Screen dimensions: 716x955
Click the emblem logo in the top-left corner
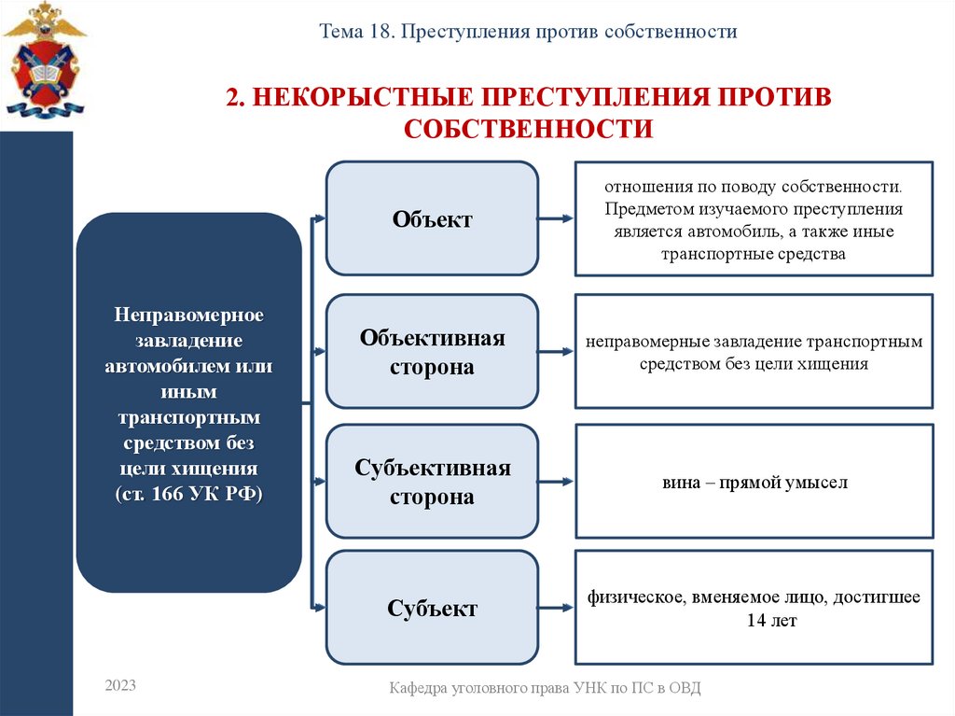click(44, 62)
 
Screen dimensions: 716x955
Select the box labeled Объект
click(432, 218)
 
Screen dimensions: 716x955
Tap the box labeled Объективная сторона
click(432, 351)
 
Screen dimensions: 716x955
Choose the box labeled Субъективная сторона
click(432, 482)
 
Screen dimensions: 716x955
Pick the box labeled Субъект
click(432, 608)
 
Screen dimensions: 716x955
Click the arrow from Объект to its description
click(556, 219)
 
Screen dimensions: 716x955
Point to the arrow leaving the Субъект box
click(556, 609)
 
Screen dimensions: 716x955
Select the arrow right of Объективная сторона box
click(556, 352)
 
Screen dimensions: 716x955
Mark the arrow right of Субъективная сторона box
click(556, 483)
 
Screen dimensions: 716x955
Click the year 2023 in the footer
click(120, 686)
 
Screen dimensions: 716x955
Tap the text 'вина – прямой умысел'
click(754, 483)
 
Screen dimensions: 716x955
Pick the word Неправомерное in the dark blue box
click(189, 313)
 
